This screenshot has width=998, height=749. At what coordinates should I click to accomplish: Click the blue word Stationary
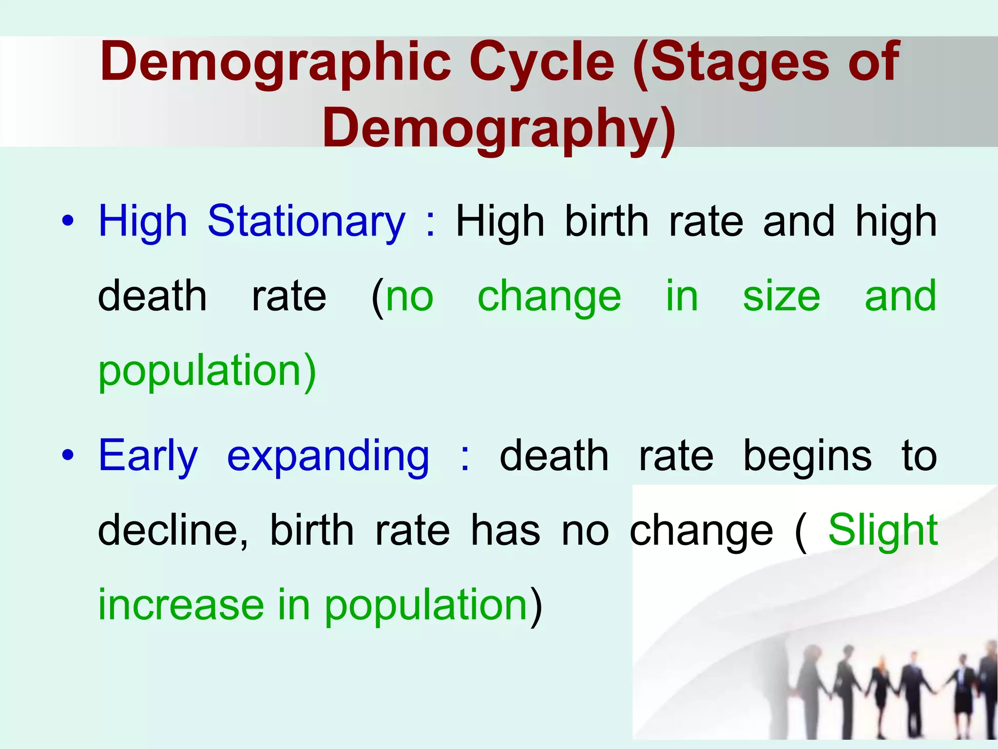click(306, 222)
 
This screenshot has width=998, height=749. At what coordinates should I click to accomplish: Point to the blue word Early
click(148, 456)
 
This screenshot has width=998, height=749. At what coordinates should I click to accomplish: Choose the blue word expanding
click(328, 457)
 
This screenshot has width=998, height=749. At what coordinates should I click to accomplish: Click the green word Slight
click(883, 530)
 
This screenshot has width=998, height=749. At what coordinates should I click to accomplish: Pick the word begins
click(807, 457)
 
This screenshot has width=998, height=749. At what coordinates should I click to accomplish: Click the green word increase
click(181, 605)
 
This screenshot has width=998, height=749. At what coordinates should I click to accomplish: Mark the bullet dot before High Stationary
click(68, 221)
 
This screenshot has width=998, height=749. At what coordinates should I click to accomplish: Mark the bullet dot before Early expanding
click(68, 455)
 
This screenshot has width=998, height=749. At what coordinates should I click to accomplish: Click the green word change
click(549, 297)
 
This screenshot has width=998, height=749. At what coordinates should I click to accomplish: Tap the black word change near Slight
click(701, 532)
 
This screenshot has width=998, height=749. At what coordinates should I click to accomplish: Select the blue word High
click(143, 222)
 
